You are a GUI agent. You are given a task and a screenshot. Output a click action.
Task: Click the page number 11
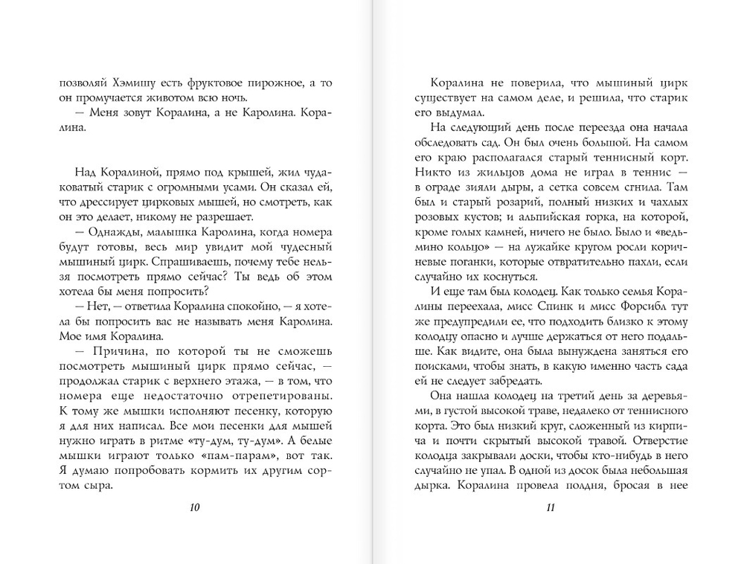coord(551,508)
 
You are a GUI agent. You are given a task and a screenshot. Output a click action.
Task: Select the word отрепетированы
coord(278,395)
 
